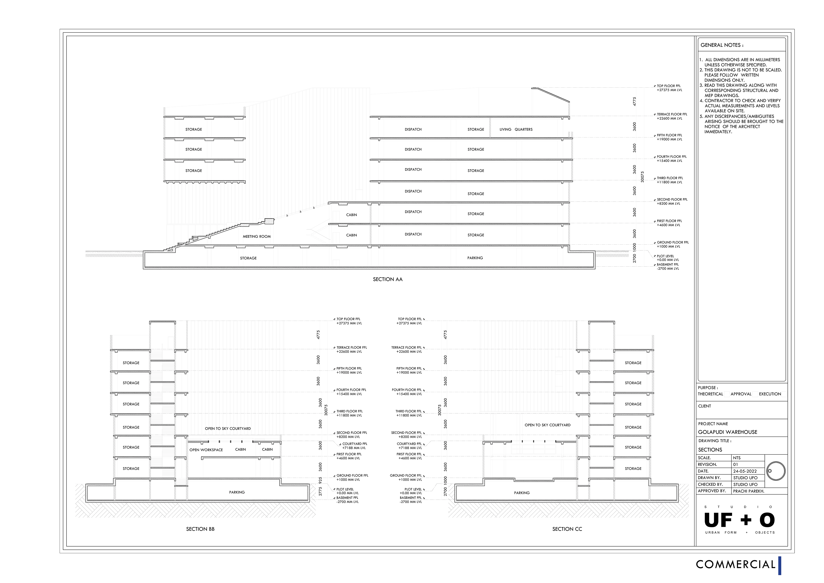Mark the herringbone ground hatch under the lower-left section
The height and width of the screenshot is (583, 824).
pos(195,509)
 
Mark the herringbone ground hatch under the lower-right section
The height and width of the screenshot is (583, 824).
pos(569,509)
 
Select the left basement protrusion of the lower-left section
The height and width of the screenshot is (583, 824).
pos(100,492)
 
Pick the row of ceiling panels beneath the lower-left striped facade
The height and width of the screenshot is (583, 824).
pos(233,440)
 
